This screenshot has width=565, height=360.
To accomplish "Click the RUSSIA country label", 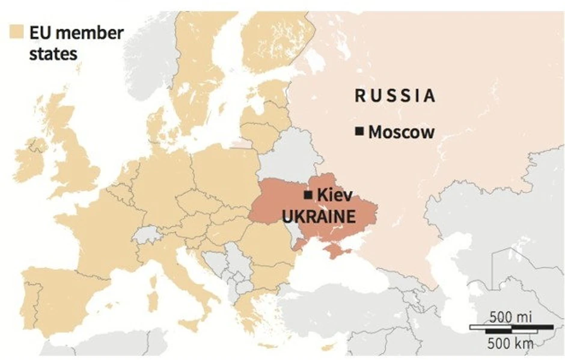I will pos(395,96).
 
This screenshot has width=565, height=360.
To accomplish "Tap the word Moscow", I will pos(401,132).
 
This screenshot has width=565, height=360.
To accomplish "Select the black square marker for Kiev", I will pos(308,195).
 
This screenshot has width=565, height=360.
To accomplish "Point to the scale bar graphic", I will pos(511,329).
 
